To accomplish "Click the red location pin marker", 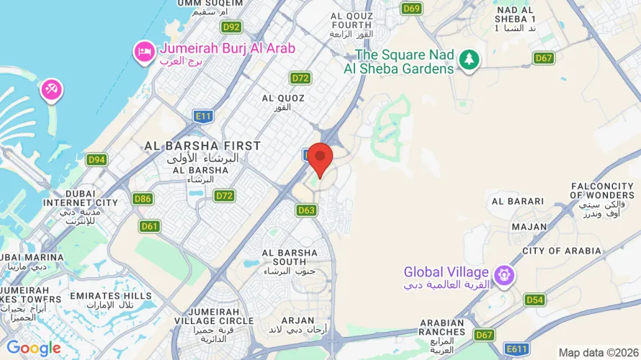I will [x=320, y=158].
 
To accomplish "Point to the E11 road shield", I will [x=203, y=115].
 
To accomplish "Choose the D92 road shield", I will [x=231, y=27].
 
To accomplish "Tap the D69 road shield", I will [x=411, y=8].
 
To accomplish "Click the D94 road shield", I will [x=97, y=159].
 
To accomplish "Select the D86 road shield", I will [x=143, y=199].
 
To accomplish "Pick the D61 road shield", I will [x=150, y=226].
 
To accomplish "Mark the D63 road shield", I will [x=306, y=210].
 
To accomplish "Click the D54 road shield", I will [x=534, y=300].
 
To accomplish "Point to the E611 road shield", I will [x=516, y=348].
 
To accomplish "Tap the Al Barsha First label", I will [x=202, y=145].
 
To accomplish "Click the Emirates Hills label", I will [x=111, y=296].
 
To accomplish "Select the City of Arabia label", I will [x=562, y=251].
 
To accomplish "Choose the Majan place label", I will [x=529, y=226].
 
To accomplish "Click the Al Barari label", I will [x=516, y=201].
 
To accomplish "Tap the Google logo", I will [x=33, y=348].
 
